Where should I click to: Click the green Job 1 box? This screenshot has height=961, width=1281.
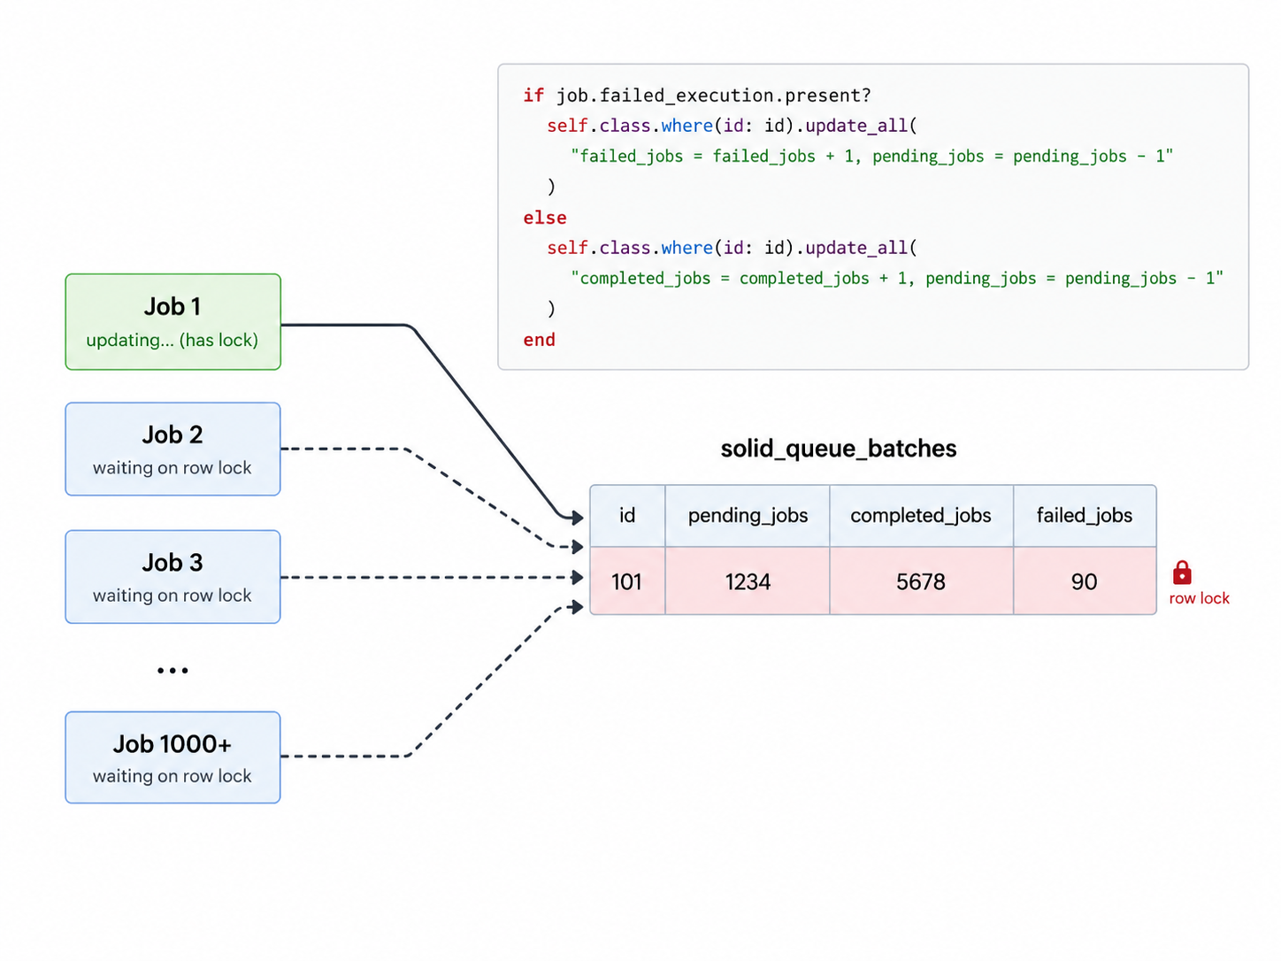pyautogui.click(x=173, y=321)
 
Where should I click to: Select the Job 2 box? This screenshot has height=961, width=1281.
pyautogui.click(x=173, y=449)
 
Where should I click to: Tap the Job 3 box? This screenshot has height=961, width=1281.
pyautogui.click(x=173, y=576)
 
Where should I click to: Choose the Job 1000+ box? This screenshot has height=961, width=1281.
pyautogui.click(x=173, y=757)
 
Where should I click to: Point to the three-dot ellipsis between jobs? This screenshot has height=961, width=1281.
pyautogui.click(x=173, y=671)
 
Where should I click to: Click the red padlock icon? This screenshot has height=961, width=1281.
pyautogui.click(x=1183, y=573)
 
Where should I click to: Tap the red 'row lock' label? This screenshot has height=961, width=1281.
pyautogui.click(x=1200, y=598)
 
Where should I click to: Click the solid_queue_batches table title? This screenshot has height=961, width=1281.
pyautogui.click(x=839, y=449)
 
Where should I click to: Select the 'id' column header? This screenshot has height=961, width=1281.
pyautogui.click(x=627, y=516)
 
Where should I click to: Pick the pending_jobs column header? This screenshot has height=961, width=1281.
pyautogui.click(x=748, y=516)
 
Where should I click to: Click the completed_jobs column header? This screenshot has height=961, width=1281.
pyautogui.click(x=922, y=516)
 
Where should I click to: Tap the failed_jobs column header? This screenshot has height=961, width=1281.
pyautogui.click(x=1085, y=516)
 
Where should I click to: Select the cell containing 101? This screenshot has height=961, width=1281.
pyautogui.click(x=627, y=581)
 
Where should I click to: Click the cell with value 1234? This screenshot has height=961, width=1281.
pyautogui.click(x=748, y=581)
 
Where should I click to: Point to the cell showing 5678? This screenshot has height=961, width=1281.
pyautogui.click(x=922, y=581)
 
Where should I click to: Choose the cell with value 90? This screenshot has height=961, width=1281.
pyautogui.click(x=1085, y=581)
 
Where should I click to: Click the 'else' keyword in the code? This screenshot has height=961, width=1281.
pyautogui.click(x=544, y=218)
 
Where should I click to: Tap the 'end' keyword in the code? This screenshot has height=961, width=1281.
pyautogui.click(x=540, y=340)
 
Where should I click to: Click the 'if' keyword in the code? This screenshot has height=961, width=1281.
pyautogui.click(x=533, y=95)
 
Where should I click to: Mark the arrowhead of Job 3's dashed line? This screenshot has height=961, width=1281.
pyautogui.click(x=578, y=578)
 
